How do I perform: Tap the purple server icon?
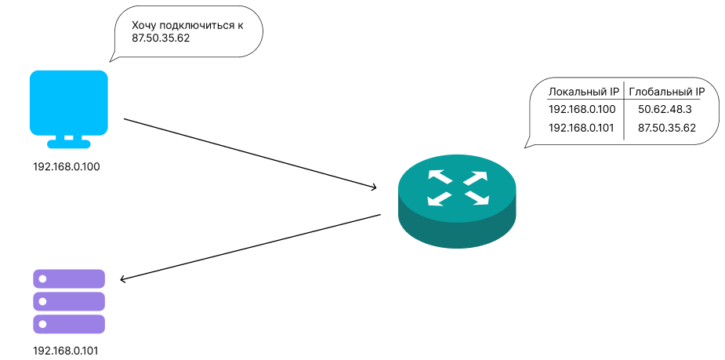[69, 302]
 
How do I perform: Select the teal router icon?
[458, 203]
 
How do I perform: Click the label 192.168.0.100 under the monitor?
[67, 167]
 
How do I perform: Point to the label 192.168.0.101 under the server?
[67, 351]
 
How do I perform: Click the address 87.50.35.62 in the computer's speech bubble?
[161, 38]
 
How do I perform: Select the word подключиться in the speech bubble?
[200, 25]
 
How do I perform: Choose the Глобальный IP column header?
[667, 92]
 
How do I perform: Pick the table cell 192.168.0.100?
[582, 109]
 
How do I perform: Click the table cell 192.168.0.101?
[582, 127]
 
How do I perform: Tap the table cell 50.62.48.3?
[666, 109]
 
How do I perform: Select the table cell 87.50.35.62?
[667, 127]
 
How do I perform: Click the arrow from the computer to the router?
[251, 154]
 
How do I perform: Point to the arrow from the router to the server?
[251, 246]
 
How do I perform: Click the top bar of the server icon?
[69, 279]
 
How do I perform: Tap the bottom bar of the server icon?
[69, 325]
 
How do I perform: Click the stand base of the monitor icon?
[68, 144]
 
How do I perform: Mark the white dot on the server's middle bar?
[43, 302]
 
